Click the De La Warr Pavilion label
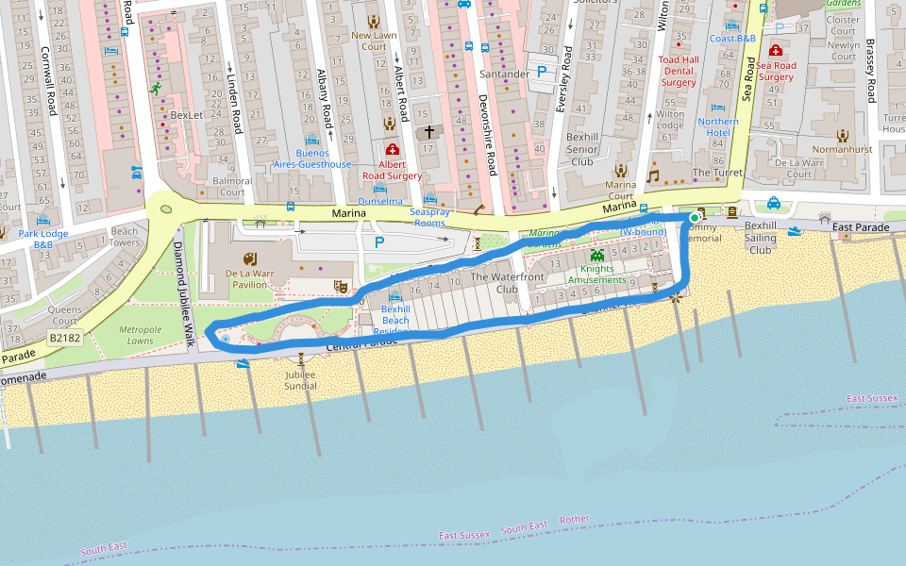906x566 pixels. [249, 280]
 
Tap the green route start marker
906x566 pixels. [695, 218]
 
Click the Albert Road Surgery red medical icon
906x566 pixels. [393, 149]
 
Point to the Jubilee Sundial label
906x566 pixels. [300, 380]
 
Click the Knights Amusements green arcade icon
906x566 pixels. [596, 256]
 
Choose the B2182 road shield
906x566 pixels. [65, 337]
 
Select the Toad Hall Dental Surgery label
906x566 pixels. [678, 71]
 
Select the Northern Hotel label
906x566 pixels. [718, 126]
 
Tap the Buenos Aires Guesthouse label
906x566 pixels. [310, 158]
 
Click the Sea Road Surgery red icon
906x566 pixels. [776, 50]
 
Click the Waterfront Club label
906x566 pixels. [507, 283]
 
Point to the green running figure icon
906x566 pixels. [156, 90]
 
